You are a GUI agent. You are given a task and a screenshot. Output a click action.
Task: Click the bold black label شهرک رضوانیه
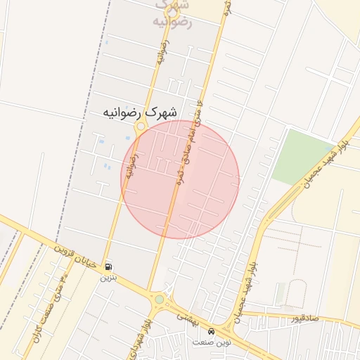[140, 112]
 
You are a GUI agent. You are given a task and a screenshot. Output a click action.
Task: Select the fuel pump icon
[108, 267]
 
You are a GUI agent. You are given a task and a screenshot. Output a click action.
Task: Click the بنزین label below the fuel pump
[107, 278]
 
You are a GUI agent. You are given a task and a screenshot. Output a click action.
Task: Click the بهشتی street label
[188, 318]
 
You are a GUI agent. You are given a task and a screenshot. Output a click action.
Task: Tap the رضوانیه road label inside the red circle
[131, 167]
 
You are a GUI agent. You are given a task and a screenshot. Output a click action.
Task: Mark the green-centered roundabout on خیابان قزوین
[160, 299]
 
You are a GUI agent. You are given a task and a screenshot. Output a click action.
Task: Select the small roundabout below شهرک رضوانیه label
[141, 127]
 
